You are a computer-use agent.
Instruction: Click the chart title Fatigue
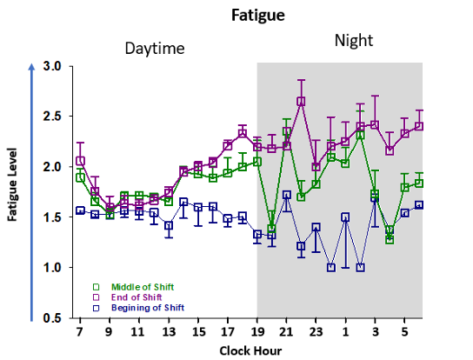[x=258, y=16]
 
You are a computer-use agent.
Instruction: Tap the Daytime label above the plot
[x=155, y=49]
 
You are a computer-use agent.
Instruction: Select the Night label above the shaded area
[x=354, y=40]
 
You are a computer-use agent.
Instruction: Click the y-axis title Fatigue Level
[x=12, y=184]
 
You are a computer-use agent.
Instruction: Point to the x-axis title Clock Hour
[x=250, y=351]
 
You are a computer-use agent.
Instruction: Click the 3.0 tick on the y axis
[x=52, y=66]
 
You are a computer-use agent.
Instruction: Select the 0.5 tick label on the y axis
[x=52, y=317]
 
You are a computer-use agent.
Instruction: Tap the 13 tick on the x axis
[x=169, y=332]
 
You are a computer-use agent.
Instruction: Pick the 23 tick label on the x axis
[x=316, y=332]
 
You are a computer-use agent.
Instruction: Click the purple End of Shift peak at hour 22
[x=301, y=102]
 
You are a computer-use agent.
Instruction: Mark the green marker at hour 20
[x=271, y=229]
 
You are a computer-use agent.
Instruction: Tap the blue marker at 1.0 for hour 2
[x=360, y=267]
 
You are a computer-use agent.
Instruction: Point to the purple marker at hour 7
[x=80, y=161]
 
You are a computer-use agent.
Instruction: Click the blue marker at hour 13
[x=169, y=225]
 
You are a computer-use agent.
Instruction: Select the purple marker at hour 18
[x=243, y=133]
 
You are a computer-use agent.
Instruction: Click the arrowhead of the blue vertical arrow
[x=31, y=67]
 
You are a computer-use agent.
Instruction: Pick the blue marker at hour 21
[x=286, y=195]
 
